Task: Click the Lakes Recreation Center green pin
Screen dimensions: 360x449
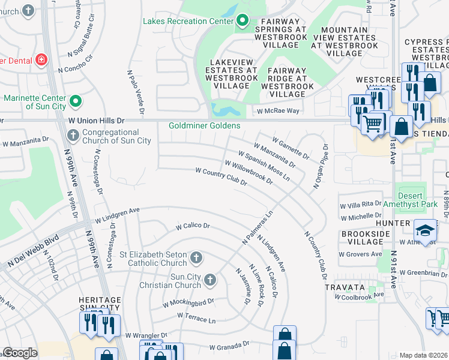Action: click(243, 21)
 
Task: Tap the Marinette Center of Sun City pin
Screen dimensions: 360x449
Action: click(75, 101)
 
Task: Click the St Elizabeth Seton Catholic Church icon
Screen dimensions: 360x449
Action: click(195, 259)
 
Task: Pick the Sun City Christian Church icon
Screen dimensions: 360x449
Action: click(210, 280)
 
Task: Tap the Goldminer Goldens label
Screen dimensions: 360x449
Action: click(204, 125)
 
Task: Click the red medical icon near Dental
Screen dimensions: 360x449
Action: click(41, 59)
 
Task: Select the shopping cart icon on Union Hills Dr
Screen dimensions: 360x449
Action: click(373, 125)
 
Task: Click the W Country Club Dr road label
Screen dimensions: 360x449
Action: click(221, 176)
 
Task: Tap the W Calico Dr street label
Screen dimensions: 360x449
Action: click(192, 226)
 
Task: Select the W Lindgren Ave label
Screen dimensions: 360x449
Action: click(117, 214)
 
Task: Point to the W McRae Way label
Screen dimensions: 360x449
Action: click(278, 111)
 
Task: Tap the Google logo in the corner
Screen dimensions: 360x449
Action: click(20, 353)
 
